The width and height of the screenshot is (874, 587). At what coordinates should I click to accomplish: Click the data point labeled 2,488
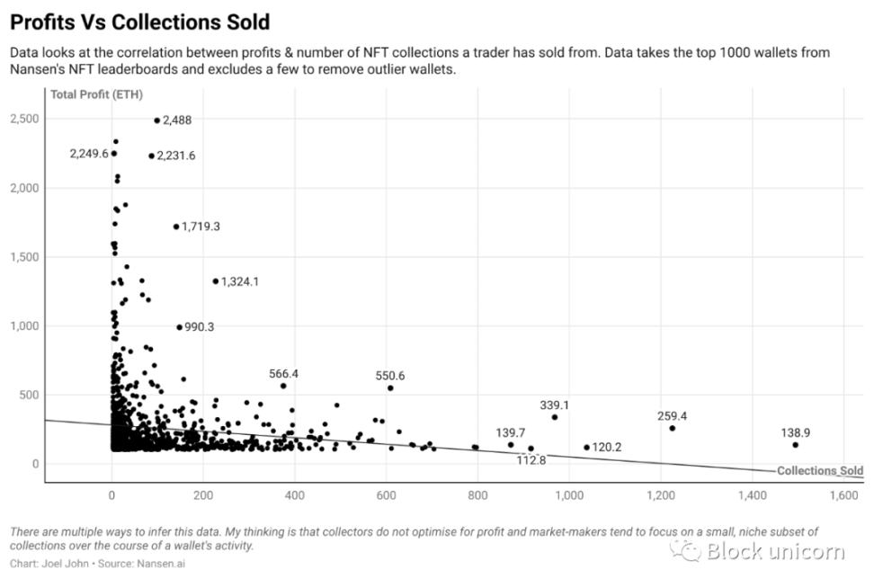(156, 120)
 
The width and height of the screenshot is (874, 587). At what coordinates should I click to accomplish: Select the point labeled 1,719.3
(176, 227)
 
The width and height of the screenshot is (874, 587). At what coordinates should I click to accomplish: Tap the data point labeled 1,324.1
(216, 281)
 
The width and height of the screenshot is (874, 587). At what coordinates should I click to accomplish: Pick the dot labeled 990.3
(179, 327)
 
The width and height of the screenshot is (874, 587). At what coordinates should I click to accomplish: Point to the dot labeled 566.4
(283, 386)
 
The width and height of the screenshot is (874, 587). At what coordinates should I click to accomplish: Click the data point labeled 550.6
(390, 387)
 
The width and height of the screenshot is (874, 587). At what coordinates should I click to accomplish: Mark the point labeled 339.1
(555, 417)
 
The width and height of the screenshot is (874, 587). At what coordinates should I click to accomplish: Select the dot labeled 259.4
(672, 428)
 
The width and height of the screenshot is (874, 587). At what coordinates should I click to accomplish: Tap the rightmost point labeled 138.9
(796, 445)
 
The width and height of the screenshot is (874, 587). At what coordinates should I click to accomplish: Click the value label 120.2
(607, 447)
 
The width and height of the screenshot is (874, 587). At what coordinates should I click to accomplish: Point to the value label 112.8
(531, 460)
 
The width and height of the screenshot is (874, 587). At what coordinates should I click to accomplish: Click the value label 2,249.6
(88, 154)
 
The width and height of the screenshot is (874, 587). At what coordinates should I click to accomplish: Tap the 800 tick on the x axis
(477, 495)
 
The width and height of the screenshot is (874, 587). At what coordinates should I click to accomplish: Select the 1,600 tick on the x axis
(843, 495)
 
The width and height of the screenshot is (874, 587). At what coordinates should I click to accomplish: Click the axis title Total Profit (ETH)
(96, 93)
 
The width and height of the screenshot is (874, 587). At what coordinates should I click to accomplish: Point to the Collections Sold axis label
(819, 471)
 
